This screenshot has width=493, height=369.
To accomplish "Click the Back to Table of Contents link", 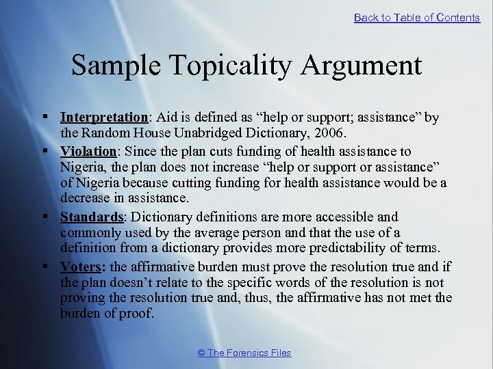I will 416,18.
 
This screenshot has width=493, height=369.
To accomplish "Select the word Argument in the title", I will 369,66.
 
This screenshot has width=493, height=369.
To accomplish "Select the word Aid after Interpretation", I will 158,118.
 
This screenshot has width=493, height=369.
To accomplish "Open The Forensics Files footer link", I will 244,353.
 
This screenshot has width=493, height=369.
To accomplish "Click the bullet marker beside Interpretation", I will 45,118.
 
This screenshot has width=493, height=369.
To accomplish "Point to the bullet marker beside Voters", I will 45,266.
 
